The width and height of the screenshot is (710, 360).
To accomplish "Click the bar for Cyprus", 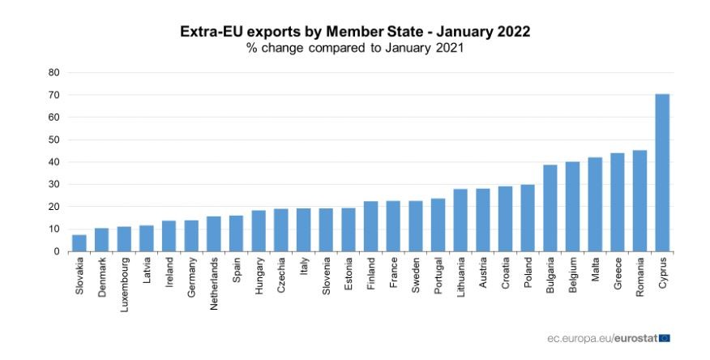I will [662, 173].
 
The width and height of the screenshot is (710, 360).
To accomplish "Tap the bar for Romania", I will [639, 201].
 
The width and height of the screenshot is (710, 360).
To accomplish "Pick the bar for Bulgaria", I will [550, 208].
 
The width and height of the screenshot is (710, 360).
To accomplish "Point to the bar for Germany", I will [191, 236].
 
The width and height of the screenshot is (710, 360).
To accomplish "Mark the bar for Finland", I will [371, 226].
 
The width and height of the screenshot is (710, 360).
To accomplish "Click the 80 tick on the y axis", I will [54, 72].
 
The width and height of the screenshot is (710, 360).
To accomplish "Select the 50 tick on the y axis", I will [54, 139].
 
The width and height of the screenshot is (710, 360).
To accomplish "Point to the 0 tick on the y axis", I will [57, 251].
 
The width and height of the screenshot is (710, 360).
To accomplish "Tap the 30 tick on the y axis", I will [54, 184].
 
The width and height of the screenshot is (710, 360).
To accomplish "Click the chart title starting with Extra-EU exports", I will [355, 32].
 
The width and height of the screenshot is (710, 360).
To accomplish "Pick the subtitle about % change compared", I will [355, 49].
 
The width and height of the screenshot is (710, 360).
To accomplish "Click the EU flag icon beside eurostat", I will [665, 337].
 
